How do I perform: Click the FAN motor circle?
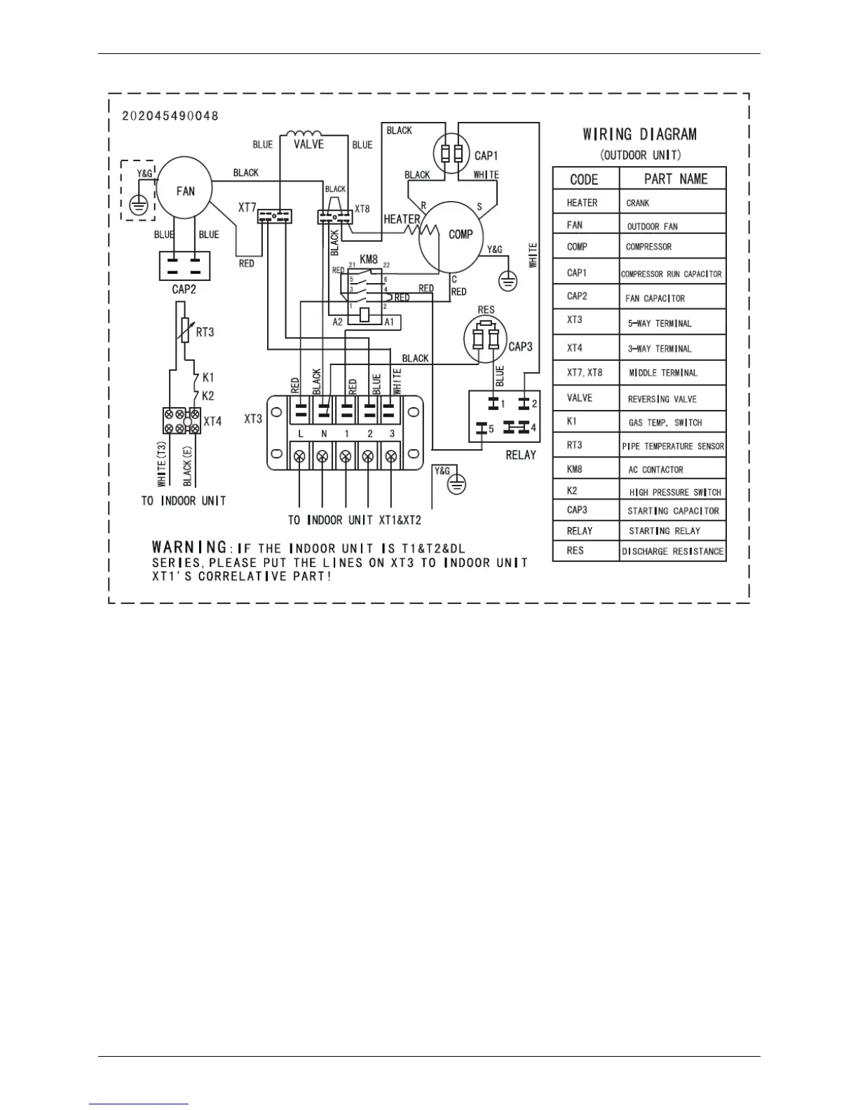(x=184, y=188)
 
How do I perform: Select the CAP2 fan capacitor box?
(x=185, y=266)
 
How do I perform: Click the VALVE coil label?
(x=308, y=144)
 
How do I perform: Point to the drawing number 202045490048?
(x=170, y=116)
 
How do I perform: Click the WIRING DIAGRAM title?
(x=639, y=134)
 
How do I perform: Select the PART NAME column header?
(x=675, y=179)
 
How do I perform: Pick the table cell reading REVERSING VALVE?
(x=662, y=399)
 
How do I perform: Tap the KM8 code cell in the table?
(x=575, y=469)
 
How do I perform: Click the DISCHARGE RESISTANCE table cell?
(x=672, y=551)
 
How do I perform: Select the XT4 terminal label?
(x=212, y=421)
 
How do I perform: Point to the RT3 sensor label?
(x=205, y=332)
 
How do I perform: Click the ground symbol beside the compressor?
(x=508, y=281)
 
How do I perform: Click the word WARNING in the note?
(x=190, y=547)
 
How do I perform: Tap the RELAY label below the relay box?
(x=520, y=455)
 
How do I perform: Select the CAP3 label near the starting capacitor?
(x=520, y=346)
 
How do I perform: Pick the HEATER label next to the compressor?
(x=401, y=219)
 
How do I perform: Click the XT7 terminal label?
(x=247, y=207)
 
